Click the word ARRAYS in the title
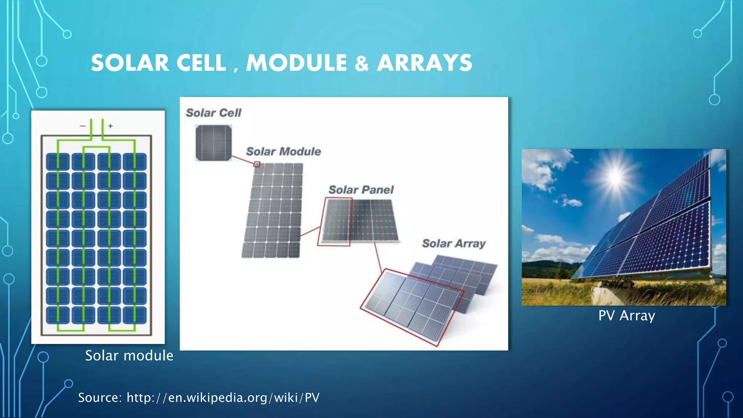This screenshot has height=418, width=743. tap(424, 63)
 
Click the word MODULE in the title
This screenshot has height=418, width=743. tap(296, 63)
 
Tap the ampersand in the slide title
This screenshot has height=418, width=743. tap(362, 63)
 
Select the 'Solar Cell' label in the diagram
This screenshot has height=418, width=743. tap(213, 113)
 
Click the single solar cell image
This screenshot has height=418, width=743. tap(214, 143)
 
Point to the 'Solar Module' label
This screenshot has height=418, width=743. tap(283, 151)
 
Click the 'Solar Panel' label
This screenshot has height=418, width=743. tap(361, 190)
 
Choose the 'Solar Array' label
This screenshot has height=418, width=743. tap(453, 243)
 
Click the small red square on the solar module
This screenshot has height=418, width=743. tap(257, 164)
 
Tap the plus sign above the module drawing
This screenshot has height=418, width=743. tap(110, 126)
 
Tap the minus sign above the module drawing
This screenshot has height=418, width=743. tap(83, 126)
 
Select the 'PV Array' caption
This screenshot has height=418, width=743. tap(627, 315)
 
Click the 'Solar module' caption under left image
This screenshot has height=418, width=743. tap(129, 356)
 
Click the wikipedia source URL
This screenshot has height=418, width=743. tap(223, 398)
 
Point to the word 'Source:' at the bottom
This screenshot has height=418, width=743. tap(100, 398)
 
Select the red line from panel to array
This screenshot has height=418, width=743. tap(378, 257)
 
